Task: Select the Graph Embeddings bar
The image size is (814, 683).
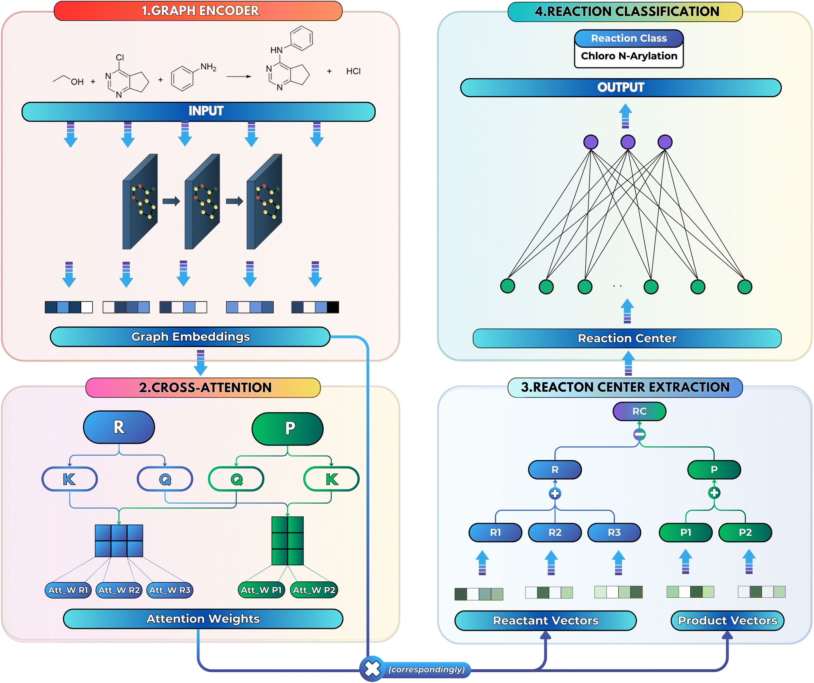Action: click(x=190, y=337)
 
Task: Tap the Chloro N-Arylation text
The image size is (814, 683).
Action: click(x=629, y=56)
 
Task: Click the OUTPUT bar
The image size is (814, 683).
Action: click(x=621, y=88)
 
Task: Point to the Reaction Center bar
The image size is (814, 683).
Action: click(x=627, y=338)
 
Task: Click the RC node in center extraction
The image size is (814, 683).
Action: click(x=639, y=411)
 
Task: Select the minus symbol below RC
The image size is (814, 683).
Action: click(x=639, y=434)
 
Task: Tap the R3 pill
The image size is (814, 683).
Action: click(x=614, y=532)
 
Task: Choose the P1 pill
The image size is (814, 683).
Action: click(x=686, y=532)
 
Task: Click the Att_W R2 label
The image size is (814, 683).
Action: click(x=119, y=590)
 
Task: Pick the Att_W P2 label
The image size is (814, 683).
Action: click(x=314, y=590)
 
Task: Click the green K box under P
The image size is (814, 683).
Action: click(x=331, y=479)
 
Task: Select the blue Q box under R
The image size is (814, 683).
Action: click(x=165, y=479)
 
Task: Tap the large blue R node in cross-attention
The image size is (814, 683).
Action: click(x=119, y=427)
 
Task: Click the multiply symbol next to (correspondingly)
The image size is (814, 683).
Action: click(x=372, y=669)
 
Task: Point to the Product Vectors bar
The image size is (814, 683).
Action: click(x=727, y=621)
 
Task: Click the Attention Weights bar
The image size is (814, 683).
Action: click(x=203, y=619)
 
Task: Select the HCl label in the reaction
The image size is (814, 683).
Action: click(x=353, y=71)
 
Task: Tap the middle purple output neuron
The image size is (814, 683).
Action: click(x=628, y=142)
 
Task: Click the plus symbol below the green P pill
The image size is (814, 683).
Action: click(x=714, y=493)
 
